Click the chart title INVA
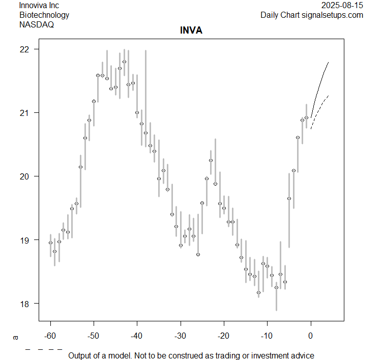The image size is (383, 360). pos(191,31)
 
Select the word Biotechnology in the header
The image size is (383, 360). pos(44,15)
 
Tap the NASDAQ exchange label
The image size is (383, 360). pos(37,24)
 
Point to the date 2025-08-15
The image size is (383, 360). pos(342,6)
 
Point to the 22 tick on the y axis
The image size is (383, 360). pos(25,49)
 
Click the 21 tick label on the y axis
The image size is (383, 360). pos(25,113)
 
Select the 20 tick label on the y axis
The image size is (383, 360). pos(25,176)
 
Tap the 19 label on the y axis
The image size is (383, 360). pos(25,240)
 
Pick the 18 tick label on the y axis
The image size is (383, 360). pos(25,304)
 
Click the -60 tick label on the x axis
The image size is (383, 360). pos(50,336)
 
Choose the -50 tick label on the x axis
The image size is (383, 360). pos(94,336)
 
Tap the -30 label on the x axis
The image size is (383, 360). pos(180,336)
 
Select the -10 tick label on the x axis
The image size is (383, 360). pos(267,336)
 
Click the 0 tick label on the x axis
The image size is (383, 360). pos(310,336)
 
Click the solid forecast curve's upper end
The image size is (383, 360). pos(328,62)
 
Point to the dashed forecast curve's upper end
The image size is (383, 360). pos(328,95)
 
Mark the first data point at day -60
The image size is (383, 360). pos(50,243)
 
